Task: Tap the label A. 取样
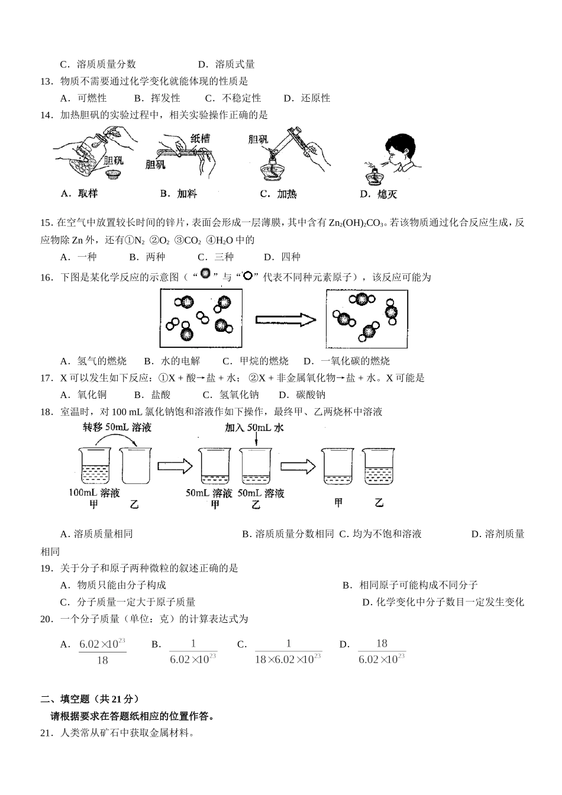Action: point(79,193)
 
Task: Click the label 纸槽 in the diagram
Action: point(200,138)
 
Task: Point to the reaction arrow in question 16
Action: point(285,319)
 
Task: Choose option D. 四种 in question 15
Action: point(282,257)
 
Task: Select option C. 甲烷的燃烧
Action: point(256,361)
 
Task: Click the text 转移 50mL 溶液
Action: point(117,427)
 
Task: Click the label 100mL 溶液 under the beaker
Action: point(95,493)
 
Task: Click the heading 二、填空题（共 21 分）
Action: point(91,699)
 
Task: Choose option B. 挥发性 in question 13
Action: point(157,98)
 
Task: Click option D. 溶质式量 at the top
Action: point(226,64)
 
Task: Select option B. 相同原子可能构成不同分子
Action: point(410,585)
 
